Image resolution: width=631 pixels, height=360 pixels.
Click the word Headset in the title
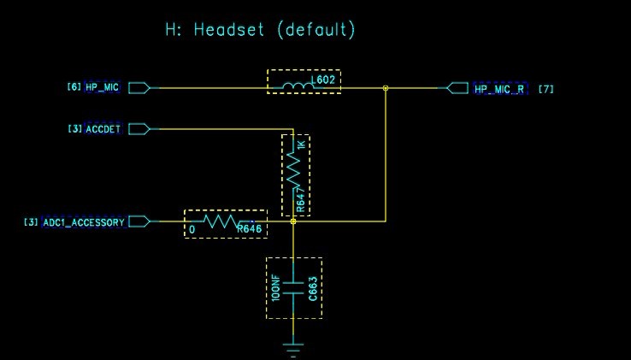point(228,30)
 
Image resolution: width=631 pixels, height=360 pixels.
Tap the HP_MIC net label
point(103,87)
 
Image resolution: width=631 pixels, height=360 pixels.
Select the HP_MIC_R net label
point(499,89)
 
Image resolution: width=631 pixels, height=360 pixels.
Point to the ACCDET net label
point(103,129)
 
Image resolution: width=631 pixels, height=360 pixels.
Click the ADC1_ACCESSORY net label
point(84,222)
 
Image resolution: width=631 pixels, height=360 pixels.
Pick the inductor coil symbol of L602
point(298,86)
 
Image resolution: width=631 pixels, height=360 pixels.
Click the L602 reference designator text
point(323,80)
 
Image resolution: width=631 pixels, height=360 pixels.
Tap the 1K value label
point(301,145)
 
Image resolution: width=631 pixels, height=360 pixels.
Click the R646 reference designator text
point(249,229)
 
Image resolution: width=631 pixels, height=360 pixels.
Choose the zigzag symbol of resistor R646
point(221,221)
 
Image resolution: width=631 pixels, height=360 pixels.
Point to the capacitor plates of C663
point(293,288)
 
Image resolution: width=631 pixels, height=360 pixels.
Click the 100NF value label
point(275,288)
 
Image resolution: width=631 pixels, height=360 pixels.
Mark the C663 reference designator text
point(313,289)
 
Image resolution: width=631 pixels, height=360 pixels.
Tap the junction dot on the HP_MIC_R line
point(386,88)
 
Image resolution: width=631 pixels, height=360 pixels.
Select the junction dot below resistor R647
point(293,221)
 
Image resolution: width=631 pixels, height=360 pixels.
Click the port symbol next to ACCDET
point(139,129)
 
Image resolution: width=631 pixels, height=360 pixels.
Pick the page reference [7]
point(546,89)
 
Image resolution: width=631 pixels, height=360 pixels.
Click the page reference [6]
point(74,86)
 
